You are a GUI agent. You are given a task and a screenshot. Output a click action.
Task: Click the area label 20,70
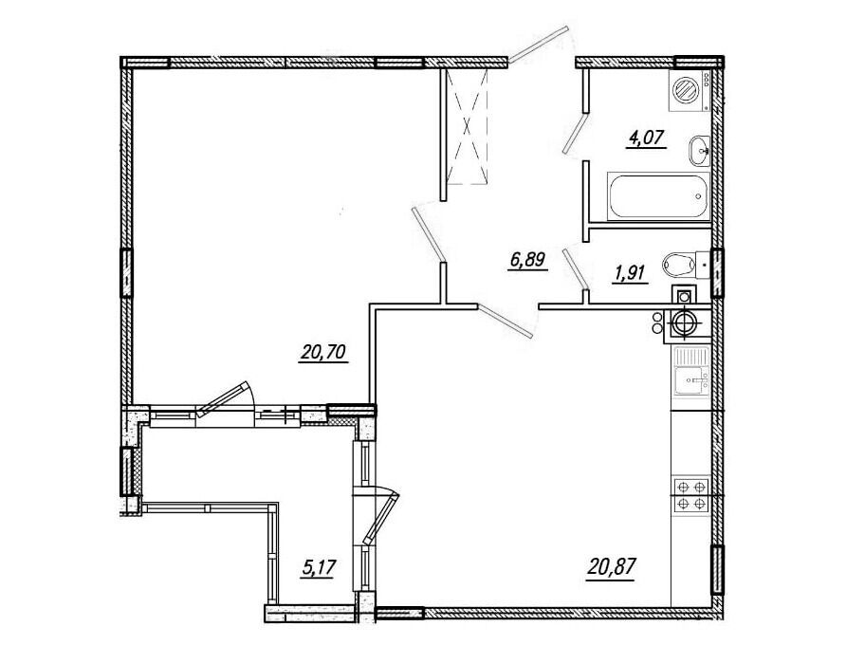point(323,354)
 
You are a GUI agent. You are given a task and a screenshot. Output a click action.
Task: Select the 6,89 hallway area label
point(529,261)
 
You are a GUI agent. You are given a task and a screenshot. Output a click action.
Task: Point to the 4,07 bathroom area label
point(647,138)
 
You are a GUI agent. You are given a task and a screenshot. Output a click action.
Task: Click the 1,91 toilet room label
point(629,274)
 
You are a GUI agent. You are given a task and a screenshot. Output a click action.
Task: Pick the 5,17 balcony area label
point(319,568)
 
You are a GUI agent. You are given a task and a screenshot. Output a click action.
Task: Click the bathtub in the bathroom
point(659,196)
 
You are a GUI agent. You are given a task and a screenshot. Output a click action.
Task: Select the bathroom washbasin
point(700,151)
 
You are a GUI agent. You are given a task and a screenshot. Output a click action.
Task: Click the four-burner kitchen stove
point(691,495)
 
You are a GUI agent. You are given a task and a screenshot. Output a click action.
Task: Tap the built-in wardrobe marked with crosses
point(468,126)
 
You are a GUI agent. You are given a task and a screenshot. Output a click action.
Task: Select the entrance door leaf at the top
point(539,45)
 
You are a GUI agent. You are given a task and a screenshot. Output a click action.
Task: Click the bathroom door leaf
point(575,133)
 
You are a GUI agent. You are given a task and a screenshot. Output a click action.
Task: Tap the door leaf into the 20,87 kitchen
point(505,321)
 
